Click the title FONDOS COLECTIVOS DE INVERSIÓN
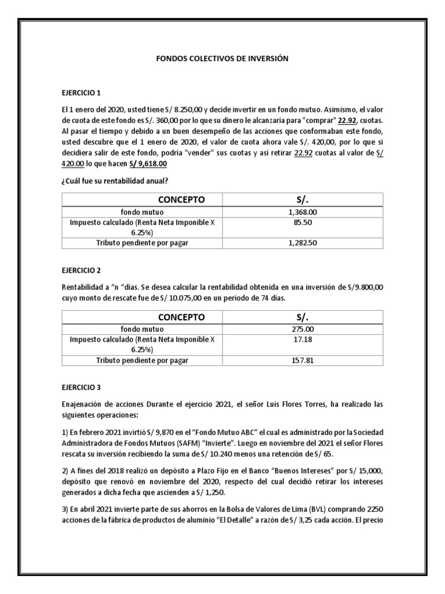coord(222,59)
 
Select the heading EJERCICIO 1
coord(81,93)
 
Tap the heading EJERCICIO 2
coord(81,270)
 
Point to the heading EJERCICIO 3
coord(81,386)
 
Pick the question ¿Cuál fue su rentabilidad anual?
coord(115,181)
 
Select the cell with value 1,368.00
coord(302,212)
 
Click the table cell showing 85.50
coord(302,222)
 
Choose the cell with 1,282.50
coord(302,243)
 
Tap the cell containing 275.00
coord(302,329)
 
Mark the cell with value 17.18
coord(302,339)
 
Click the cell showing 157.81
coord(302,360)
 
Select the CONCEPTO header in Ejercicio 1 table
coord(181,200)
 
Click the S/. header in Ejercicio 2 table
coord(302,317)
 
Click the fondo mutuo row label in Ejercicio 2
coord(142,329)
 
